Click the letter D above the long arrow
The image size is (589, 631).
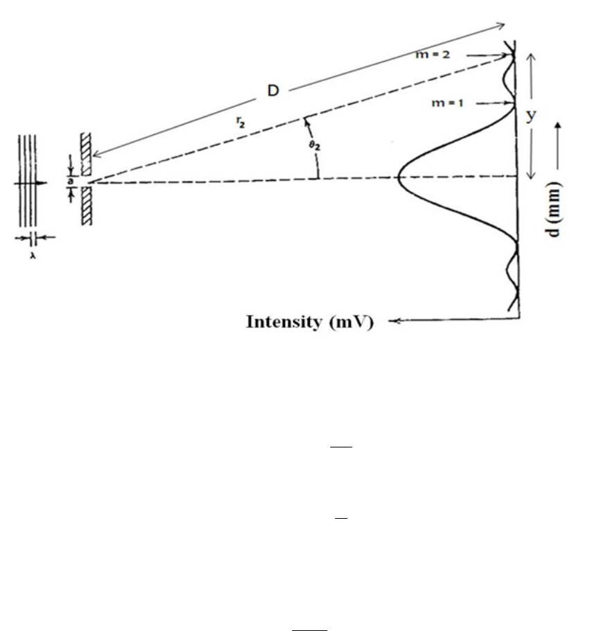[273, 91]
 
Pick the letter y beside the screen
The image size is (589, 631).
[532, 116]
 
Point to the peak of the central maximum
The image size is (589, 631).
[398, 177]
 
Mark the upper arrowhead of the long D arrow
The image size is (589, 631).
[502, 26]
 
